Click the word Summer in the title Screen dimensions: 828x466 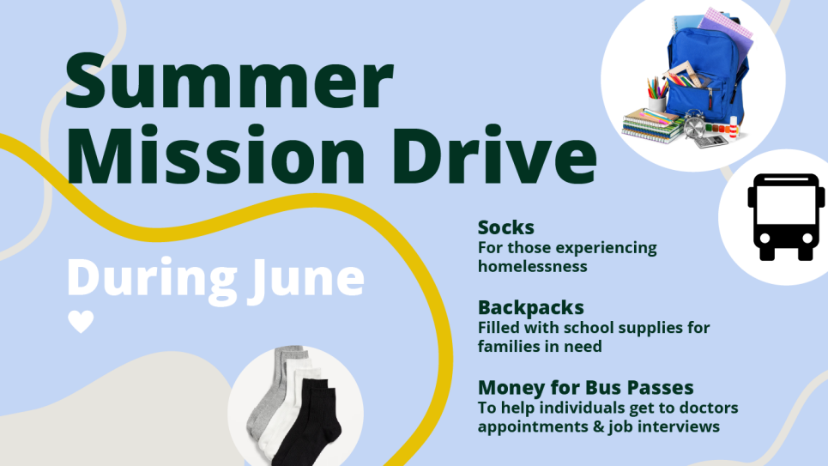(x=229, y=81)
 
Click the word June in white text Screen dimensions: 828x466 (x=308, y=280)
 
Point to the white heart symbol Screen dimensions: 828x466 (x=81, y=321)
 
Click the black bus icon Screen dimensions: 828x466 (x=786, y=216)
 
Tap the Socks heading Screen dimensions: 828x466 (x=506, y=227)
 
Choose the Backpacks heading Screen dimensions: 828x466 (x=531, y=307)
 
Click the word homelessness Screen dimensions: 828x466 (x=532, y=266)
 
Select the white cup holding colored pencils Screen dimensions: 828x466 (x=657, y=104)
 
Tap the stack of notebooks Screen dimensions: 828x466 (x=651, y=125)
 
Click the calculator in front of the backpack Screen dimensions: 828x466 (x=710, y=141)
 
